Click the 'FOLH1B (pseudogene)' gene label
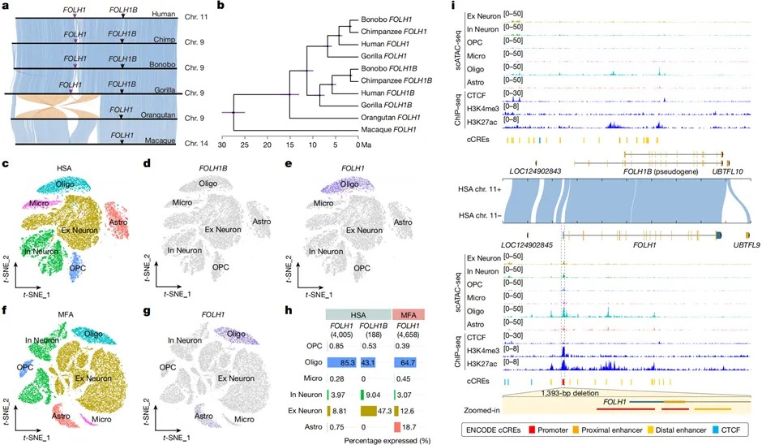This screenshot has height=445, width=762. (x=660, y=172)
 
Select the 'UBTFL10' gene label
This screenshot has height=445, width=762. (x=728, y=172)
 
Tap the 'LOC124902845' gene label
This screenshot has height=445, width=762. (x=532, y=244)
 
